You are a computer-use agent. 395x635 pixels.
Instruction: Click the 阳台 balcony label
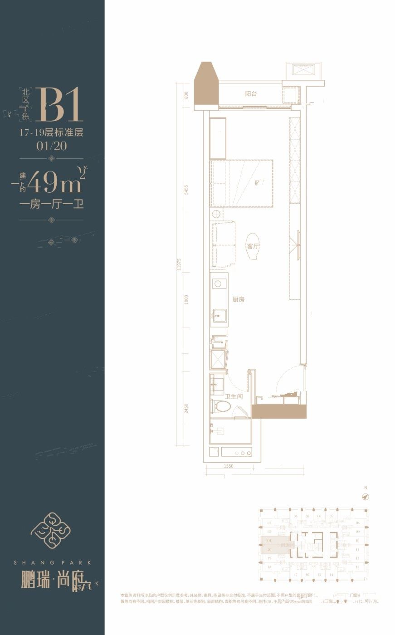coord(251,94)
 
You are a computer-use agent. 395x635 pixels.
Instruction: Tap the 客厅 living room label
coord(253,246)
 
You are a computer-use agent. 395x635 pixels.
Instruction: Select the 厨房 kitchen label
coord(239,300)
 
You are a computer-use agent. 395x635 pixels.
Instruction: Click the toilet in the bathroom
coord(220,405)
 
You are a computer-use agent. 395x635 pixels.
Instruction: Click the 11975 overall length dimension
coord(180,264)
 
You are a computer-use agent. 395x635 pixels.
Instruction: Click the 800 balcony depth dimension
coord(186,95)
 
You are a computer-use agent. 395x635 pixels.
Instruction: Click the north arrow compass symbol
coord(365,497)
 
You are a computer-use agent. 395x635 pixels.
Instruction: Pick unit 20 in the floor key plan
coord(269,549)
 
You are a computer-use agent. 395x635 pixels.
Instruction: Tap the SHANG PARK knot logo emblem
coord(50,529)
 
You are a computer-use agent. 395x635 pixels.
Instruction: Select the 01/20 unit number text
coord(51,147)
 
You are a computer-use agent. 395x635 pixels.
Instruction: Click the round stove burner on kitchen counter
coord(218,284)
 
